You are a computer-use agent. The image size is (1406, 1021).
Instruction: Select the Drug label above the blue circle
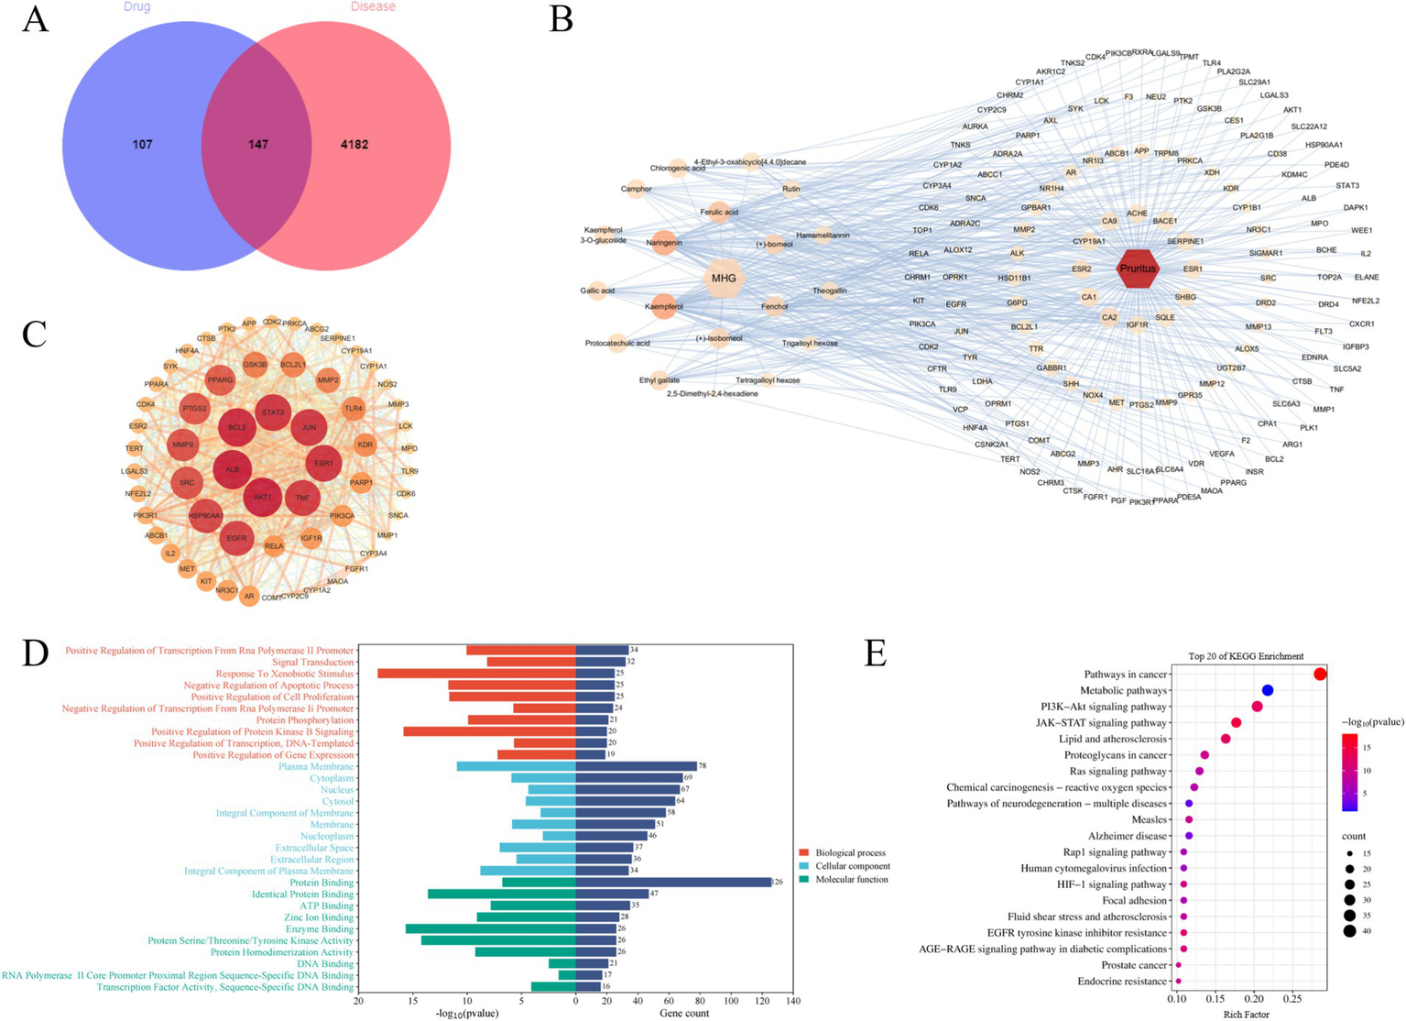(136, 7)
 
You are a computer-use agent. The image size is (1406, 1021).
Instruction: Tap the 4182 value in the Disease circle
(354, 145)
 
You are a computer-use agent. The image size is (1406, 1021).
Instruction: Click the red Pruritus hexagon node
(1139, 269)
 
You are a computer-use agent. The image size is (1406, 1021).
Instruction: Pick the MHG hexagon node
(724, 279)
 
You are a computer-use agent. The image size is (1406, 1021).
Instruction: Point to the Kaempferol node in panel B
(664, 306)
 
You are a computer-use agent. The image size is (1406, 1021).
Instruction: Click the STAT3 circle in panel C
(273, 412)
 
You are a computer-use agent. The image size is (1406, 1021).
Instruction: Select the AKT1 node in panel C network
(262, 497)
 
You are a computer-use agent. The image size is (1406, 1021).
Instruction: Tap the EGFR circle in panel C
(236, 538)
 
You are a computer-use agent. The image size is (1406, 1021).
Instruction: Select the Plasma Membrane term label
(316, 766)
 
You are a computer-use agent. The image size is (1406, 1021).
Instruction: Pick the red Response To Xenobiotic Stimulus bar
(476, 674)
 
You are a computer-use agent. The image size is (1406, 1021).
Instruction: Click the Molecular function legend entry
(851, 880)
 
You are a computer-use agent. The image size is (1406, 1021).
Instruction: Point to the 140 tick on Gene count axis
(793, 1001)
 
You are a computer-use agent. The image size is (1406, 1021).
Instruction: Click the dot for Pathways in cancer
(1320, 675)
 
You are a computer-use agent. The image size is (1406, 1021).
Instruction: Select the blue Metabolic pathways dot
(1268, 690)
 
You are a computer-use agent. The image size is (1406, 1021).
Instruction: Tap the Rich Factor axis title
(1247, 1014)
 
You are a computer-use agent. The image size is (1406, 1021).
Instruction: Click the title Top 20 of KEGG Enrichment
(1246, 656)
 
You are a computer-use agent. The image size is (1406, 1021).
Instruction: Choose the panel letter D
(35, 652)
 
